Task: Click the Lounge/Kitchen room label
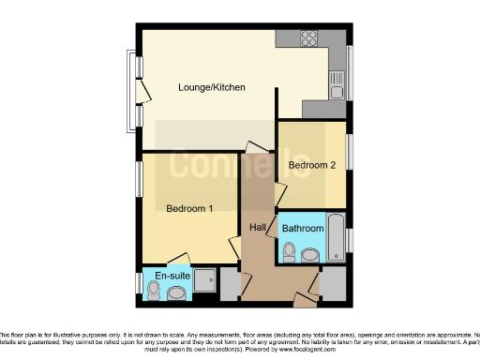212,88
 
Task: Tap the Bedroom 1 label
189,208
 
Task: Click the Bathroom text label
303,228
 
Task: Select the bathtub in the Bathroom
336,241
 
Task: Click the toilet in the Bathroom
289,252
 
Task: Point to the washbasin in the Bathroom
310,254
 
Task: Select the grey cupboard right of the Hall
333,284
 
